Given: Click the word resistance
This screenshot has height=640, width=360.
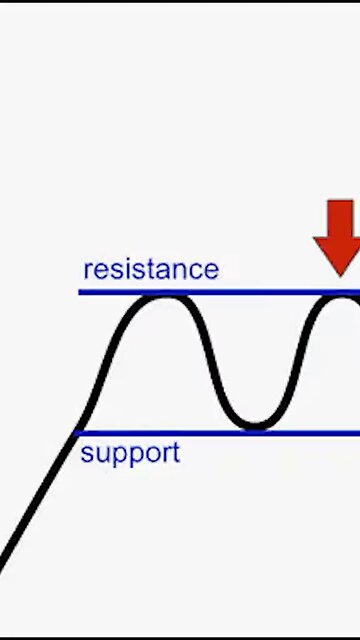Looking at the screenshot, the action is (150, 269).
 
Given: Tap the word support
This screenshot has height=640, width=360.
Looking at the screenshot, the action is (130, 453).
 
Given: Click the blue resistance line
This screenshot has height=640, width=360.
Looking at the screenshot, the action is (250, 292).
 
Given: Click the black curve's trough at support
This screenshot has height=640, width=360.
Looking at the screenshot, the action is (255, 426).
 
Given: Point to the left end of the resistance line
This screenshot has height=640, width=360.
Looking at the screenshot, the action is (81, 292).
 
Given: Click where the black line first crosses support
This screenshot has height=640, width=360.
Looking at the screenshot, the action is (76, 433).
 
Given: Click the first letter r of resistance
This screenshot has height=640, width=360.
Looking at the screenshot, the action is (88, 270).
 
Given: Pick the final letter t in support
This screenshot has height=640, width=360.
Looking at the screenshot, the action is (176, 453).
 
